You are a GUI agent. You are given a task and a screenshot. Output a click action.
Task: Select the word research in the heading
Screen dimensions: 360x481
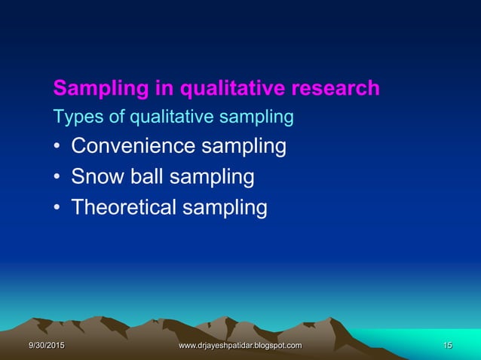coord(335,89)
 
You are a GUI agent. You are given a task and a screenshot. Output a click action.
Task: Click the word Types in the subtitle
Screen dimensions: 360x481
coord(73,117)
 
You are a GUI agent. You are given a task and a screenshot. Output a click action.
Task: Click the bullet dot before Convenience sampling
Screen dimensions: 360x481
coord(57,147)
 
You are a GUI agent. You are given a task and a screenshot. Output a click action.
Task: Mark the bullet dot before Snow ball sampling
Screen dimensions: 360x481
coord(57,178)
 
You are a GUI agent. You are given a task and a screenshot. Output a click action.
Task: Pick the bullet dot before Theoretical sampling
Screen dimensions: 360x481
coord(57,208)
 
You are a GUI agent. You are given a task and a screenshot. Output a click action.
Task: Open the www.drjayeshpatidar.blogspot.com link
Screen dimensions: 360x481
coord(240,345)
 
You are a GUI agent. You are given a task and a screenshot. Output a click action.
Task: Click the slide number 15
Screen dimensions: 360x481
coord(447,345)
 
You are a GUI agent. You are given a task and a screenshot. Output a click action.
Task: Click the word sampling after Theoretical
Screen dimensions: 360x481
coord(225,208)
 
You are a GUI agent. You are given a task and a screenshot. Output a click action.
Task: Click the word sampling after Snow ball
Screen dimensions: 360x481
coord(210,178)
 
